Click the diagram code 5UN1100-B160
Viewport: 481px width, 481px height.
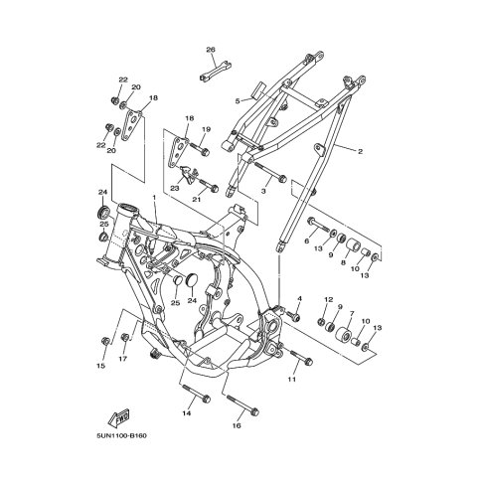point(121,435)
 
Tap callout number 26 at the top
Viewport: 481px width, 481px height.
point(211,50)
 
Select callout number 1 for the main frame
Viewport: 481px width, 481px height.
point(154,197)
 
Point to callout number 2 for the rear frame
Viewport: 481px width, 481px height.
point(360,152)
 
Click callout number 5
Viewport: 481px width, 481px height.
point(238,101)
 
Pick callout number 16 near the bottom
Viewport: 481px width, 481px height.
point(237,425)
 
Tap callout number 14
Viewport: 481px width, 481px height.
point(187,413)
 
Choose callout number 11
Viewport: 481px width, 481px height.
point(291,380)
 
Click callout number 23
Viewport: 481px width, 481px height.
point(175,188)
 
